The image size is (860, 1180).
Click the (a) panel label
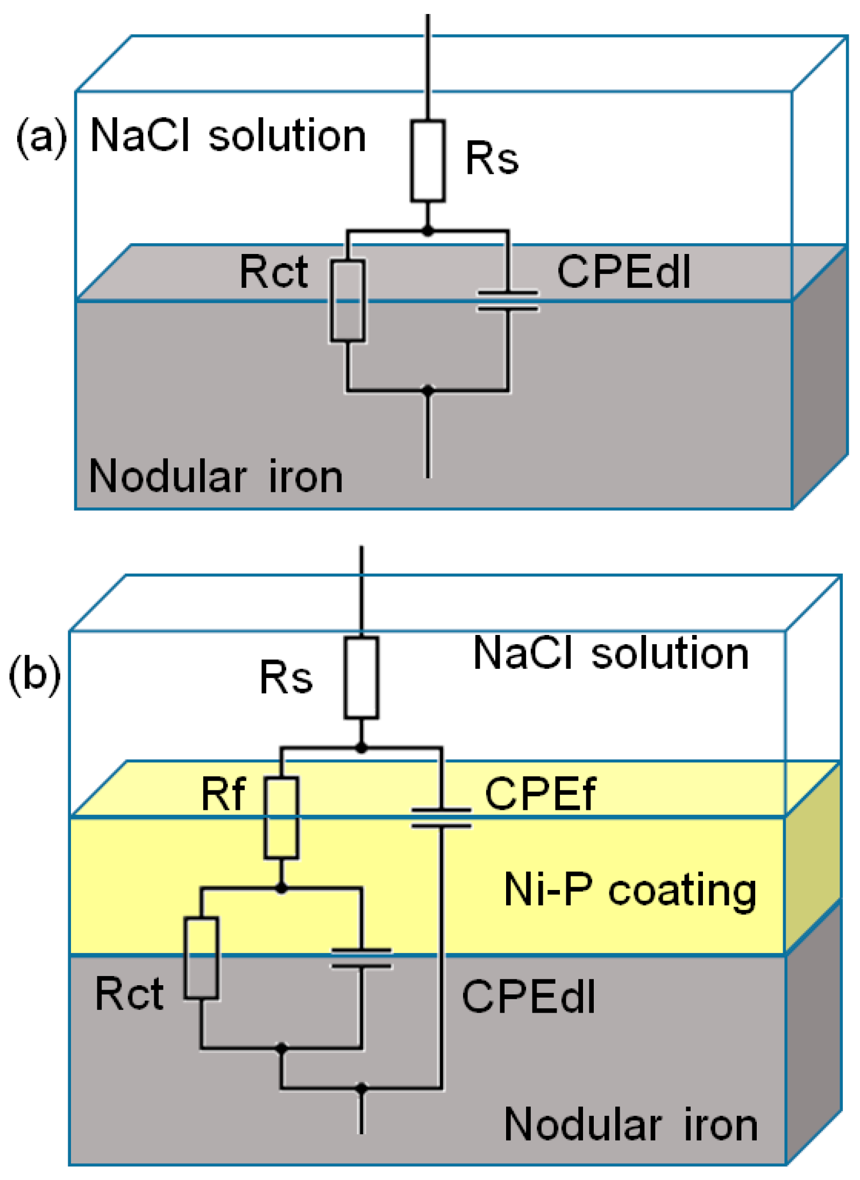click(x=41, y=137)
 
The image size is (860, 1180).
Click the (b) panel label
click(x=34, y=674)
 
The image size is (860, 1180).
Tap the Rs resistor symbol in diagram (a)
click(x=427, y=160)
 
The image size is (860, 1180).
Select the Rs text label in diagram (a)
click(x=491, y=158)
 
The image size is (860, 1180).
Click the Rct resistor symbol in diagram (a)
click(x=347, y=300)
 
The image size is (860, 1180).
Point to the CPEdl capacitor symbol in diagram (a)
click(x=507, y=301)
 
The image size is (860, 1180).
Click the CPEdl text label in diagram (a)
click(x=623, y=272)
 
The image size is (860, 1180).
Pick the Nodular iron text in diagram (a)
click(x=215, y=477)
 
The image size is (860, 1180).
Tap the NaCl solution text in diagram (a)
click(x=228, y=136)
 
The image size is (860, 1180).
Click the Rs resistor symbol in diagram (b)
click(x=361, y=677)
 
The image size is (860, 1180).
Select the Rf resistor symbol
click(x=281, y=817)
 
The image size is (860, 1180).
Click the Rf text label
click(x=223, y=794)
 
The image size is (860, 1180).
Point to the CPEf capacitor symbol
click(x=440, y=817)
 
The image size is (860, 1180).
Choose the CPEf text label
click(x=539, y=794)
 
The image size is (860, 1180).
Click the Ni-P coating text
click(x=630, y=891)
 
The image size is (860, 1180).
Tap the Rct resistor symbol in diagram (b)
click(x=201, y=958)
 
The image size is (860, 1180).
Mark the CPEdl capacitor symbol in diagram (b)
click(x=361, y=958)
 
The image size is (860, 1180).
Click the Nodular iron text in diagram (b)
click(x=630, y=1125)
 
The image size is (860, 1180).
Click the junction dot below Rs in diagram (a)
click(x=427, y=231)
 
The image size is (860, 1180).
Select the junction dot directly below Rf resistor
click(x=281, y=888)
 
